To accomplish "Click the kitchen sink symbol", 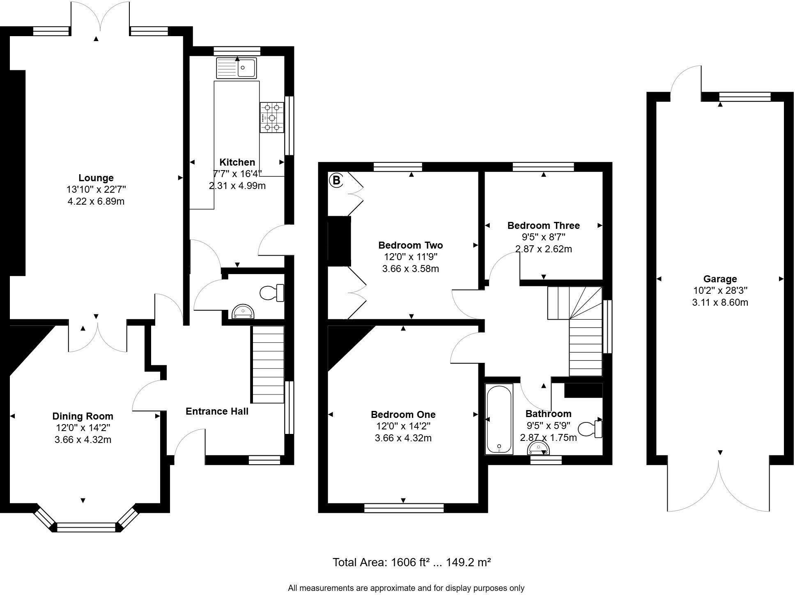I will [x=237, y=68].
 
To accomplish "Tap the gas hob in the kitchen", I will [x=272, y=118].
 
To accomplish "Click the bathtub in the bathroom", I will [x=499, y=419].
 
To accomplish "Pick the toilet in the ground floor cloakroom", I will [x=272, y=293].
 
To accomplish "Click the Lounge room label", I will [x=96, y=178].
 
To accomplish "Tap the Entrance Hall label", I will [x=217, y=411].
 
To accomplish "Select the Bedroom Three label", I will [x=543, y=225].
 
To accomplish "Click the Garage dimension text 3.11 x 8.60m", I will [x=720, y=302].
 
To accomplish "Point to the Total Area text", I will [x=411, y=562].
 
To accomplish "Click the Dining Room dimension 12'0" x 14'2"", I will [x=83, y=428].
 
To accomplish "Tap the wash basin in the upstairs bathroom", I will [x=538, y=448].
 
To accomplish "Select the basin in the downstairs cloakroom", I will [x=243, y=312].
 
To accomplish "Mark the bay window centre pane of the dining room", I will [x=86, y=527].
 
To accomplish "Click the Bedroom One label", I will [x=403, y=415].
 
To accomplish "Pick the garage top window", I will [x=745, y=97].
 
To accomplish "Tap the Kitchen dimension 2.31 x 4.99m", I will [x=237, y=186].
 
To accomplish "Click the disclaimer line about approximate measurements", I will [x=406, y=588].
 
